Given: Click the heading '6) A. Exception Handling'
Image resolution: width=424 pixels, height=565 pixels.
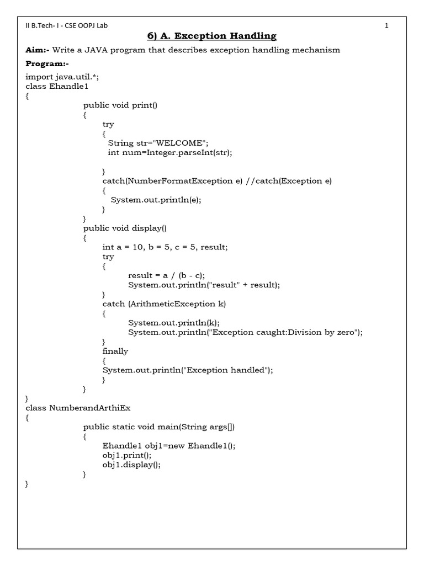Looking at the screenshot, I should tap(211, 36).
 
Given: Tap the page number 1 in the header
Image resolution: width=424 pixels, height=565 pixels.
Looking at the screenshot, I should tap(386, 25).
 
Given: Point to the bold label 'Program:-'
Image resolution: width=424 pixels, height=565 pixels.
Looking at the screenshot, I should tap(46, 64).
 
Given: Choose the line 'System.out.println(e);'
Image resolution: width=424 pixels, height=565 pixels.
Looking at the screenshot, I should tap(156, 200).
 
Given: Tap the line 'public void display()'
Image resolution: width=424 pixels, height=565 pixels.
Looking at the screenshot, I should tap(125, 228).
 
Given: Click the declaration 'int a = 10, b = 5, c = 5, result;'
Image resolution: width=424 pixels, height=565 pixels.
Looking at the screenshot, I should tap(165, 247).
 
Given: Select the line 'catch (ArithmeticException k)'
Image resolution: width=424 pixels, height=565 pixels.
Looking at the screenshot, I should tap(164, 303).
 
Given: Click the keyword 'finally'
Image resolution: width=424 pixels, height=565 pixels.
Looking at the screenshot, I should tap(115, 351).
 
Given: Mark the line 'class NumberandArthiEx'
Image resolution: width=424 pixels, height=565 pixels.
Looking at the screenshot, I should tap(78, 408).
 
